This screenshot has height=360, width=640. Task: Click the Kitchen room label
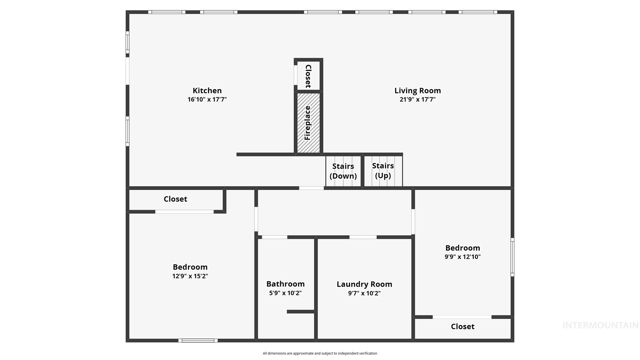(x=207, y=91)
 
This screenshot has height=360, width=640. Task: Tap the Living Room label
(x=417, y=91)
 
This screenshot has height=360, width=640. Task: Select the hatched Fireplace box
(x=308, y=123)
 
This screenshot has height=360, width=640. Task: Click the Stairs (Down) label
(x=343, y=171)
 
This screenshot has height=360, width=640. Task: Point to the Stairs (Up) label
(x=383, y=171)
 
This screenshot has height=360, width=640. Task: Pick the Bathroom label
(x=285, y=284)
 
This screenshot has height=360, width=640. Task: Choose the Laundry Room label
(x=364, y=284)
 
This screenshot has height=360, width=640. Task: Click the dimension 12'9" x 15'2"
(x=190, y=276)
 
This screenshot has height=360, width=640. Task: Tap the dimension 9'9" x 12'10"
(x=462, y=257)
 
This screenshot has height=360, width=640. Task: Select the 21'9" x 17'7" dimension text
(x=417, y=99)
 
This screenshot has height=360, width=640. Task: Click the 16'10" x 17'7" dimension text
(x=207, y=99)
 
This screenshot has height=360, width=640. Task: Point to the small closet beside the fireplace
(x=308, y=76)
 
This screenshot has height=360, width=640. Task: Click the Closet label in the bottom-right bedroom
(x=462, y=327)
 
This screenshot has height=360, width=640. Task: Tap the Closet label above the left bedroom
(x=175, y=199)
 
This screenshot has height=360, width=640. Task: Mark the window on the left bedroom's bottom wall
(x=198, y=340)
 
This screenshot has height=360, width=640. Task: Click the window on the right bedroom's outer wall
(x=512, y=257)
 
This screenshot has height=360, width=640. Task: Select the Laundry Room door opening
(x=363, y=237)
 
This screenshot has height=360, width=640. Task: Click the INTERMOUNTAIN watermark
(x=600, y=325)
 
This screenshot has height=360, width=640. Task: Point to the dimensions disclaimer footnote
(x=320, y=353)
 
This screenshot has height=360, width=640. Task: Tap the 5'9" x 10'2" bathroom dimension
(x=285, y=293)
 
